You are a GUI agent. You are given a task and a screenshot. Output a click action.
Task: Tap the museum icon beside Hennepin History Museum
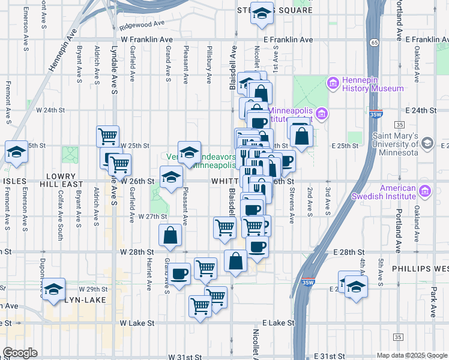coord(332,83)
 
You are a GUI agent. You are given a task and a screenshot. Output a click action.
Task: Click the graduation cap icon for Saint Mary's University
coord(427,144)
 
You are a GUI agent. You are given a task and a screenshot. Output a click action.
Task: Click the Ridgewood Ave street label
coord(142,25)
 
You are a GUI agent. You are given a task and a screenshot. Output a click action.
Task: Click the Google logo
coord(19,353)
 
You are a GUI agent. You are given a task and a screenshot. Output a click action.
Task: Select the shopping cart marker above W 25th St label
coord(108,136)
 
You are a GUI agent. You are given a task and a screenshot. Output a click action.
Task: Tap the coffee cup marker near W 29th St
coord(180,274)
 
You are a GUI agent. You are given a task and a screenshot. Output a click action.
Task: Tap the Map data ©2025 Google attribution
coord(411,355)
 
